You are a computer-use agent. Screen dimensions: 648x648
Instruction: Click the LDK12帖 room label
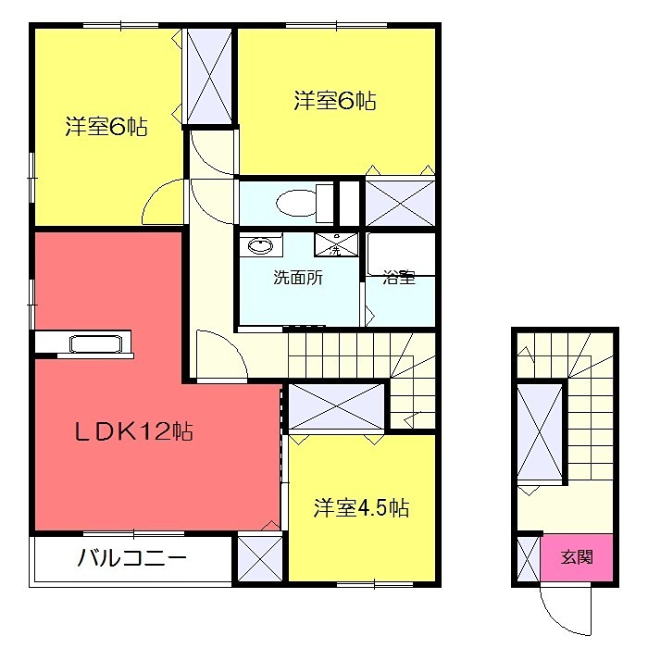(x=134, y=431)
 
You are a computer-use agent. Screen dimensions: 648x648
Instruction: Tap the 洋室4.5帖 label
(x=361, y=508)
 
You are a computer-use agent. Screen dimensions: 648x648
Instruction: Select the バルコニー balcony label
(x=132, y=558)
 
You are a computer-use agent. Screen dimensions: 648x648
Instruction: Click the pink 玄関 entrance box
(x=577, y=558)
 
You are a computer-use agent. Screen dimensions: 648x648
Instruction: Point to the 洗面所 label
(x=297, y=277)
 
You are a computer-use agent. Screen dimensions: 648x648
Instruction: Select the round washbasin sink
(x=262, y=246)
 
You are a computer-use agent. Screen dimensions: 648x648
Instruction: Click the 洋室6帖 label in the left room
(x=106, y=127)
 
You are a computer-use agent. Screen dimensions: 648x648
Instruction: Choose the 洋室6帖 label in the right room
(x=335, y=101)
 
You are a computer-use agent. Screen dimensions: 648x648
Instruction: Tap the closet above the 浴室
(x=399, y=200)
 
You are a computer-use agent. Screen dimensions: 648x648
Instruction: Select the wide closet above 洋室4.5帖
(x=334, y=407)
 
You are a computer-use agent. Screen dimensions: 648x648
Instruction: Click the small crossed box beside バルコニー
(x=260, y=558)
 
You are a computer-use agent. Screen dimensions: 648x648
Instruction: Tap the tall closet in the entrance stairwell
(x=539, y=433)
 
